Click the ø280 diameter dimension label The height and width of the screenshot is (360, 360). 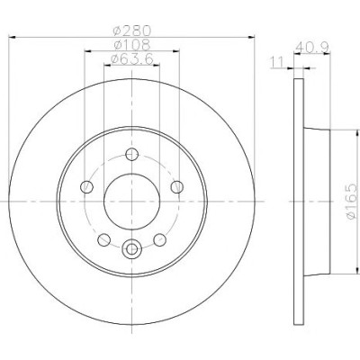tap(131, 30)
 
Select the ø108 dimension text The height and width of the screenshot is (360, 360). tap(132, 45)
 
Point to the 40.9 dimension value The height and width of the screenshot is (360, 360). tap(312, 47)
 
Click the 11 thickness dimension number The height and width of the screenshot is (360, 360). tap(277, 63)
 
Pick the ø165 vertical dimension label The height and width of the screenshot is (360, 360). tap(352, 202)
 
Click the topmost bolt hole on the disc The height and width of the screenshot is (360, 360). tap(131, 155)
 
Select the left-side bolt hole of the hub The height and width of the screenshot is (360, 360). tap(87, 187)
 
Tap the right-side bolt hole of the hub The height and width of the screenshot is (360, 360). tap(177, 187)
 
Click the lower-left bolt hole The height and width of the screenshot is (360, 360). tap(104, 239)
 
